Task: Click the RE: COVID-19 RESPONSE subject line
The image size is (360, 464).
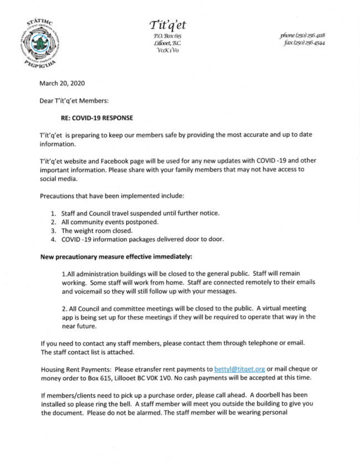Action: pos(97,117)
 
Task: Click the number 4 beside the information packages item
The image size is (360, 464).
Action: pos(53,239)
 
